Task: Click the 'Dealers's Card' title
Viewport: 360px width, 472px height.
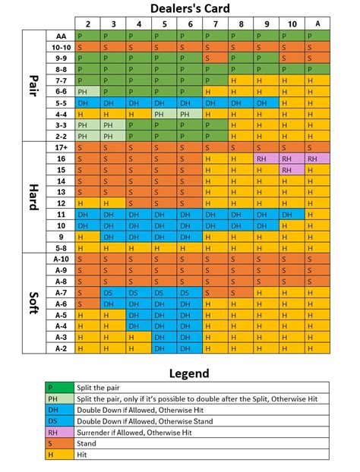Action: click(x=201, y=9)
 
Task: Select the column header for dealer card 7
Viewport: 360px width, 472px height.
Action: click(x=214, y=24)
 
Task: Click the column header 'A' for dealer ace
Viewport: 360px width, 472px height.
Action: click(x=317, y=24)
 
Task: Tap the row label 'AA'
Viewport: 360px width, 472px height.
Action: click(x=60, y=36)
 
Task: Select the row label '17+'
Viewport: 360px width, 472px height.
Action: click(x=60, y=148)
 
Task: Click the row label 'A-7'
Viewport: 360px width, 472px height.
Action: click(x=60, y=292)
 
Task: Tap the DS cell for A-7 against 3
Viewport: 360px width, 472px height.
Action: click(x=112, y=292)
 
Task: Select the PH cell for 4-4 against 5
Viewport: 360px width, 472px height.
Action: click(x=163, y=114)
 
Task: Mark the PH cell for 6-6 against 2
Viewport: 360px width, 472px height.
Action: click(x=87, y=91)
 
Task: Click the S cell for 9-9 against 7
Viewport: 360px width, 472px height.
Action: click(x=214, y=58)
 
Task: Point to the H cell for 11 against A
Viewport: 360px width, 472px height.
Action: click(x=317, y=215)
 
